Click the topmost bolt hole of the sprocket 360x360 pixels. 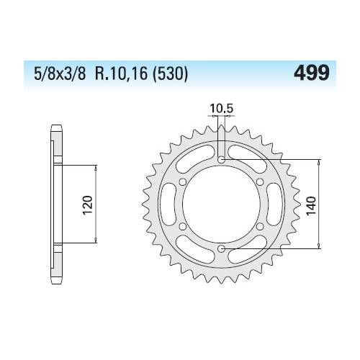[221, 159]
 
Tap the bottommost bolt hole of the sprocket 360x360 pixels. [221, 249]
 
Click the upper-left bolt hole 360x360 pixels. [182, 181]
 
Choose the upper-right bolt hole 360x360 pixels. [260, 181]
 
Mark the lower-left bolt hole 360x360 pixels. [182, 227]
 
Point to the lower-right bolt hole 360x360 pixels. [260, 227]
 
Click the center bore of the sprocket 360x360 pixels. [221, 204]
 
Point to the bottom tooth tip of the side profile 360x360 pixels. [55, 282]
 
